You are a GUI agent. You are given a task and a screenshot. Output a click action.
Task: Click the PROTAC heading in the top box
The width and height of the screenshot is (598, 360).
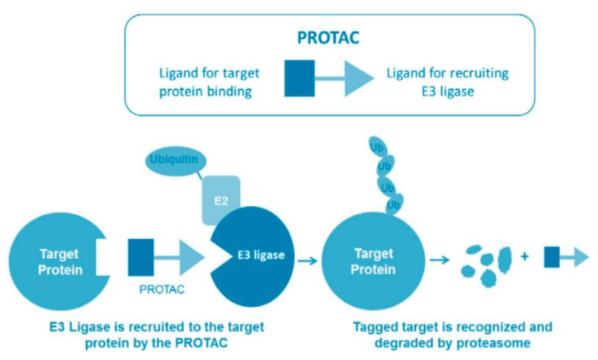click(328, 36)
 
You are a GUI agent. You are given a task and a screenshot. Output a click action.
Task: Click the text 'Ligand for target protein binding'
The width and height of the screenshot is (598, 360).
click(209, 81)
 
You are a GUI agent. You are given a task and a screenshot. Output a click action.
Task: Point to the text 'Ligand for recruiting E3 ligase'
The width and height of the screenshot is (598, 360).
click(447, 81)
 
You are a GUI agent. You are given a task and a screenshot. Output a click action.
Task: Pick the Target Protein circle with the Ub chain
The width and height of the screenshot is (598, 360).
click(373, 260)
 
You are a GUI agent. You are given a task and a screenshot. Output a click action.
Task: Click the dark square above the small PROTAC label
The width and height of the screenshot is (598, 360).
click(141, 257)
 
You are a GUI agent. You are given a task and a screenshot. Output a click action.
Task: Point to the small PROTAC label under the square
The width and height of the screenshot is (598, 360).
click(161, 289)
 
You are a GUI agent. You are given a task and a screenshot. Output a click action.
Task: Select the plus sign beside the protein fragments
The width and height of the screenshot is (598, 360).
click(525, 257)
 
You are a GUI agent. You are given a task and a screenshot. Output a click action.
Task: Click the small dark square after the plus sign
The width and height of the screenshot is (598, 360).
click(552, 257)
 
